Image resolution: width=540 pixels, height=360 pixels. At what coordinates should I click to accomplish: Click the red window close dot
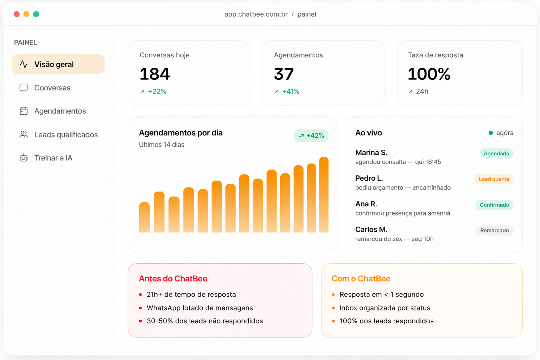(x=17, y=14)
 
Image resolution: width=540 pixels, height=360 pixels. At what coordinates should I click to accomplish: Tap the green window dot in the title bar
(x=36, y=14)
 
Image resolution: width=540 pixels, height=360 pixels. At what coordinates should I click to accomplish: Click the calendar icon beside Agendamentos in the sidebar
(x=24, y=111)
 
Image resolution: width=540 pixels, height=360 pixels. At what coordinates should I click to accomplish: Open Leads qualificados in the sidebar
(x=66, y=134)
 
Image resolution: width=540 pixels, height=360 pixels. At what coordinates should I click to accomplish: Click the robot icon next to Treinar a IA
(x=24, y=158)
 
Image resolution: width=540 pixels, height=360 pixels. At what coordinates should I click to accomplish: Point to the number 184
(x=155, y=74)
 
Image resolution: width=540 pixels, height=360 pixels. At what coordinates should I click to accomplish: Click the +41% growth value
(x=291, y=91)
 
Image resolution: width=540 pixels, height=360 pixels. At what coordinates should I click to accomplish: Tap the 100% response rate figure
(x=429, y=74)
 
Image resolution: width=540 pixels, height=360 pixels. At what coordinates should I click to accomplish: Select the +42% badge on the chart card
(x=311, y=136)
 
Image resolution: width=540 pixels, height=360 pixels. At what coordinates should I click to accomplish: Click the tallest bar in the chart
(x=324, y=195)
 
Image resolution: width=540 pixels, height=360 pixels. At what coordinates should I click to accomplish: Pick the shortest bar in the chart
(x=144, y=217)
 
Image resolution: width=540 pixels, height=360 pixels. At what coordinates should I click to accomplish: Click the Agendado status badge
(x=496, y=154)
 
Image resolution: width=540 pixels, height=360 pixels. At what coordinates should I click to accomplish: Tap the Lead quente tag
(x=494, y=179)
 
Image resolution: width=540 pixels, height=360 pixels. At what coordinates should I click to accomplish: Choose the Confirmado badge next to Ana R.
(x=494, y=205)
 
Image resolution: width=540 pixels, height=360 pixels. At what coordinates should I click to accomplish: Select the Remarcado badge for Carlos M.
(x=494, y=230)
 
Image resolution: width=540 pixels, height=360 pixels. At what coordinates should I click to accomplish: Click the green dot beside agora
(x=491, y=133)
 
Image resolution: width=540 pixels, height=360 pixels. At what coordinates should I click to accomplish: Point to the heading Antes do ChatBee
(x=173, y=278)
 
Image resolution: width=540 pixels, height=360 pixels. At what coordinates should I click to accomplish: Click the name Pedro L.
(x=369, y=178)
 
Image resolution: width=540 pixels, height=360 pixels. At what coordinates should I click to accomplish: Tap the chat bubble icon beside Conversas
(x=24, y=88)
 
